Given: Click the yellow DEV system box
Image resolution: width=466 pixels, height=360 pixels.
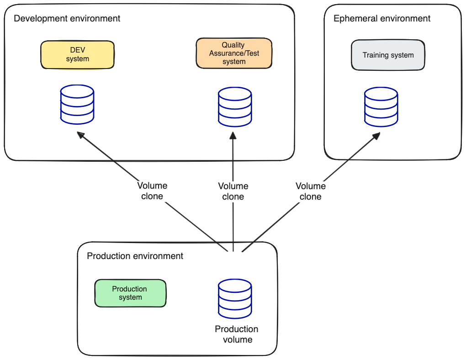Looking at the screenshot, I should click(77, 55).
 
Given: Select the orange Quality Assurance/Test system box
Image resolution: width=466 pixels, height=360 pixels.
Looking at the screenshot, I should click(234, 53).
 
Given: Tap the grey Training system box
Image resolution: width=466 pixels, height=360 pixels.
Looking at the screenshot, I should click(388, 55).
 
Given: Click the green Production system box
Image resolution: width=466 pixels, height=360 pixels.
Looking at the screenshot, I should click(130, 293).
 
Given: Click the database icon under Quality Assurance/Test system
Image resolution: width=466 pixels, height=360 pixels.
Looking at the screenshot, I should click(235, 107).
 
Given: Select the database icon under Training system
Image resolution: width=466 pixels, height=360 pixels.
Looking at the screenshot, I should click(381, 107).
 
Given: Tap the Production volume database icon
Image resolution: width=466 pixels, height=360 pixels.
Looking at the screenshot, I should click(235, 299).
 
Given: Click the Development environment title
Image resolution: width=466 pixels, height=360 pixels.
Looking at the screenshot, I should click(67, 19).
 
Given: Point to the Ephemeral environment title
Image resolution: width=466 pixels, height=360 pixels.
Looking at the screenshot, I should click(382, 19).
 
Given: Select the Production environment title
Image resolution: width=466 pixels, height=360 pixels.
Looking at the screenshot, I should click(135, 256).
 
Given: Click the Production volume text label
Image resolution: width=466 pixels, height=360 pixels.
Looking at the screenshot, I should click(237, 334).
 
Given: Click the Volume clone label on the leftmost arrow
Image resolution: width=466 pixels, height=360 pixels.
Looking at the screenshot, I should click(152, 191).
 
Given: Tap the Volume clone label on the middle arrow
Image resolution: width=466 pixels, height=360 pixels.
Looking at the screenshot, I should click(233, 191).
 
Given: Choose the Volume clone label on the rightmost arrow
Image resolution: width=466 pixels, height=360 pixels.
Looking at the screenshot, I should click(311, 191).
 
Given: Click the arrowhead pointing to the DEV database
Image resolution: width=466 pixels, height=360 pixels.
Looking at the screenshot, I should click(81, 135).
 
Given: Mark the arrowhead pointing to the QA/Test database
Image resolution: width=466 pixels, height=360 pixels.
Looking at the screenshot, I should click(233, 136).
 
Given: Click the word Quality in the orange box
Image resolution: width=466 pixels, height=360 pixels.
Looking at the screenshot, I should click(233, 45).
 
